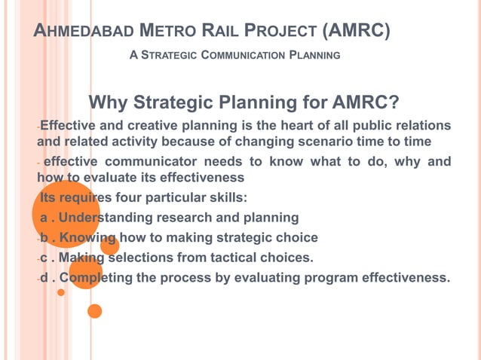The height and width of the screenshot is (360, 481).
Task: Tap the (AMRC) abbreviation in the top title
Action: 356,32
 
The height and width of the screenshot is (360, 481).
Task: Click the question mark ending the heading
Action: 394,102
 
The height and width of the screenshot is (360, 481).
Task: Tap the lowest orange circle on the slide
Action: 94,310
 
